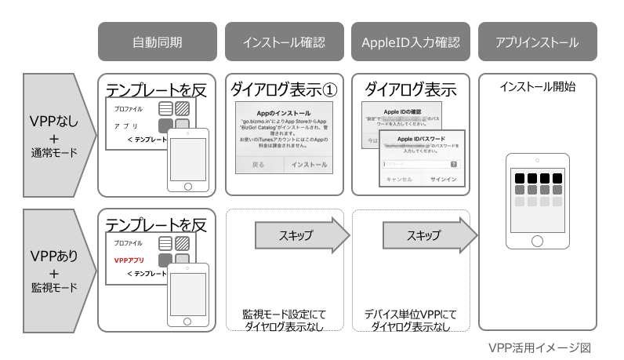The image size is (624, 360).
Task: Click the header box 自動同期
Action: click(157, 42)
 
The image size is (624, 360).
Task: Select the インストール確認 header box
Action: click(283, 42)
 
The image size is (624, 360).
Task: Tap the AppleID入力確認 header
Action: click(410, 42)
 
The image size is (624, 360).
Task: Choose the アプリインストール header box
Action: click(538, 42)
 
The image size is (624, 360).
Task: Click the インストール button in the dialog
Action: click(309, 165)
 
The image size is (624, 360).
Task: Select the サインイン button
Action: click(437, 179)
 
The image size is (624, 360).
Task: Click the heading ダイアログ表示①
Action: click(283, 88)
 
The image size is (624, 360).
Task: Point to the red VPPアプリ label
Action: click(130, 259)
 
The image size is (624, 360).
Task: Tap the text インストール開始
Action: click(538, 86)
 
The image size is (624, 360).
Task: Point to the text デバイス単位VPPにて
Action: click(410, 315)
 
